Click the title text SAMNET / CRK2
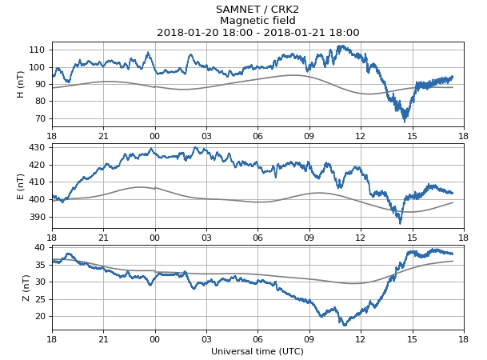click(257, 10)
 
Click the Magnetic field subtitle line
click(257, 21)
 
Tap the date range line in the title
click(257, 33)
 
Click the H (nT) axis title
click(21, 84)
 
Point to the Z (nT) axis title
click(26, 287)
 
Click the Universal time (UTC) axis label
click(257, 351)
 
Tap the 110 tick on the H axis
click(38, 50)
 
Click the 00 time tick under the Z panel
click(154, 338)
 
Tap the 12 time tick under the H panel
click(360, 135)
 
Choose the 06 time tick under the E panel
click(257, 237)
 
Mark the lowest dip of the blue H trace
click(405, 120)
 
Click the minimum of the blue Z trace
click(345, 325)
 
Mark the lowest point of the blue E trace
click(401, 222)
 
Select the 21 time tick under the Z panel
click(103, 338)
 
